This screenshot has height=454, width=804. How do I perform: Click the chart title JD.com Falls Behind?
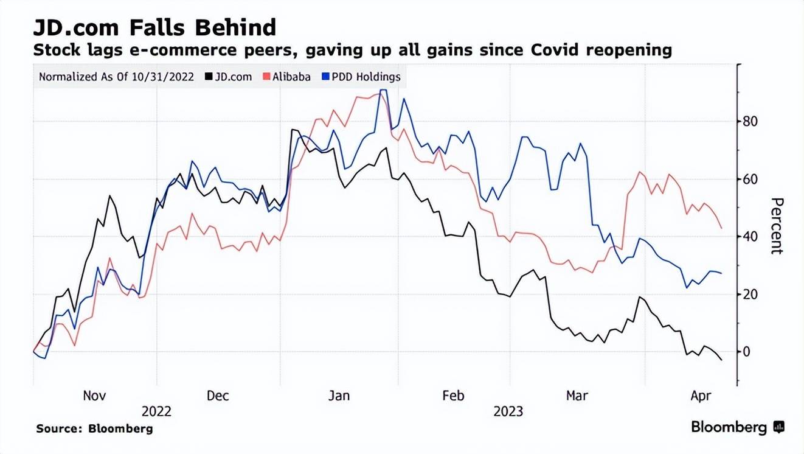(154, 27)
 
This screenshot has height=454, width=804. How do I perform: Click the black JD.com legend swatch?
(209, 77)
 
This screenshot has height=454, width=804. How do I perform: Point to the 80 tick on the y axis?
(749, 122)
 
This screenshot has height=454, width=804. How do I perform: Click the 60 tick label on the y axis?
(749, 180)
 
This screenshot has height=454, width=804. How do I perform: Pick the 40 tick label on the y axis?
(749, 237)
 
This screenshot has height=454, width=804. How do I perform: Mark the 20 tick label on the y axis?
(749, 295)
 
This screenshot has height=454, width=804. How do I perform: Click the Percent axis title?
(776, 226)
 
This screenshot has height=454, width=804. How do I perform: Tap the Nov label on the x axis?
(94, 396)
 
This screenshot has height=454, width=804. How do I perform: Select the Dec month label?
(218, 396)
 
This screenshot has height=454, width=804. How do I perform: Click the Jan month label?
(339, 396)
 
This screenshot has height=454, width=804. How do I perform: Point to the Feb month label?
(453, 396)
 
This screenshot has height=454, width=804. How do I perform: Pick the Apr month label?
(701, 396)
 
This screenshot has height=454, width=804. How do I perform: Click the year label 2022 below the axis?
(156, 412)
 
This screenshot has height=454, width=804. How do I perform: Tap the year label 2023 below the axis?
(508, 412)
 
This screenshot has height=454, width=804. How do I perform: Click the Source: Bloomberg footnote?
(94, 429)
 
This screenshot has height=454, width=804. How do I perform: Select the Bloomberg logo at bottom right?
(737, 428)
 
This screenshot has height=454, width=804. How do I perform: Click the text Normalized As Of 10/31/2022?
(116, 77)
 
